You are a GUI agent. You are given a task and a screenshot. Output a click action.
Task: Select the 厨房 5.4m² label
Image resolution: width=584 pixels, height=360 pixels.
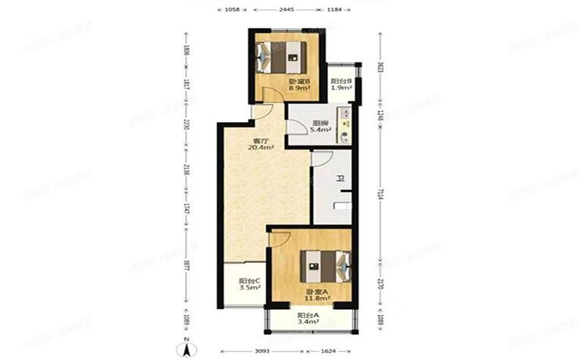tap(319, 126)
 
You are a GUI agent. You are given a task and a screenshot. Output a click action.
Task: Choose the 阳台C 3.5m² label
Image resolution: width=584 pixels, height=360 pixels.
tap(250, 284)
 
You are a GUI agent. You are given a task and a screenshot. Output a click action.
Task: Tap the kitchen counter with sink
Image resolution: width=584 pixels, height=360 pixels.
tap(344, 126)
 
